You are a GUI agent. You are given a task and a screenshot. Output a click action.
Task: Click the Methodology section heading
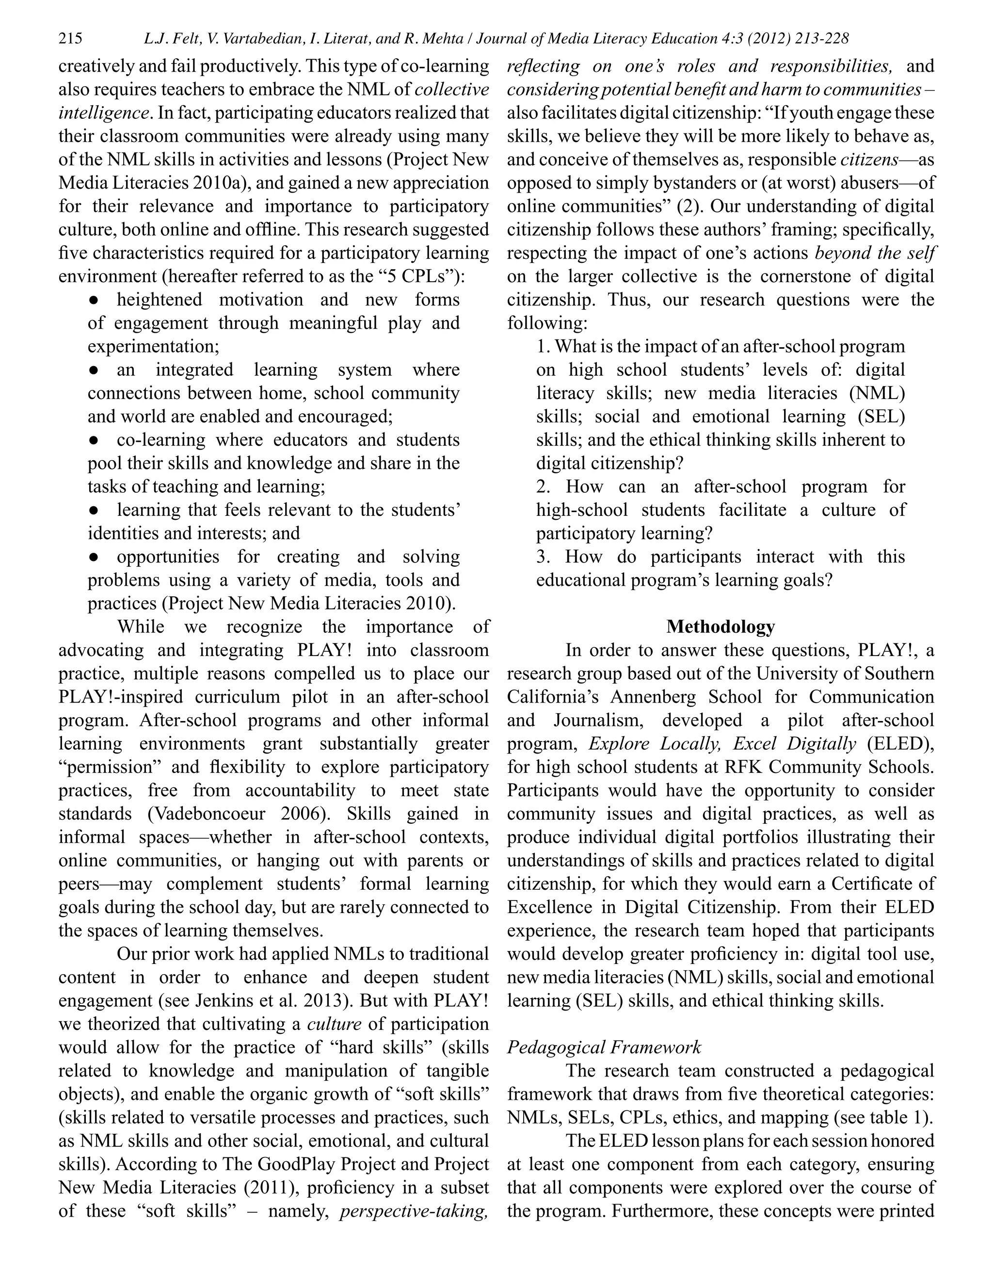tap(720, 626)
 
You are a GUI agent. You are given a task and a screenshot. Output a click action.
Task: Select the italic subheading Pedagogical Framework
tap(604, 1047)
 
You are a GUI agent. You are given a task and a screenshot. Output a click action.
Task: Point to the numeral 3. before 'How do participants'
tap(543, 557)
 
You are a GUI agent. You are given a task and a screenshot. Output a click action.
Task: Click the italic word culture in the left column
tap(334, 1024)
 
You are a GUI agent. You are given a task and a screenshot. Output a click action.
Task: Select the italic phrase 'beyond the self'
tap(875, 253)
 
